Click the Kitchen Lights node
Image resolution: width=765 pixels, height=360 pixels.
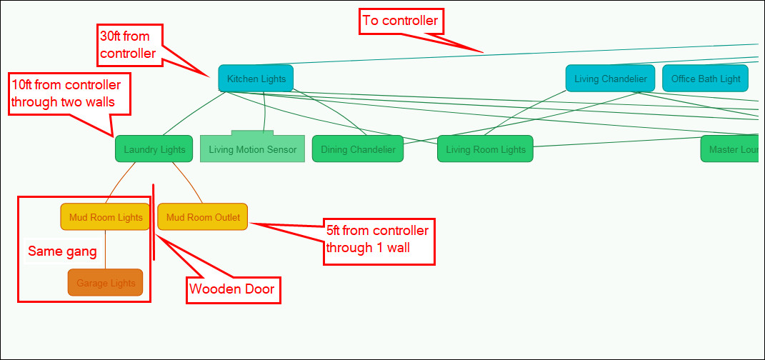pyautogui.click(x=256, y=79)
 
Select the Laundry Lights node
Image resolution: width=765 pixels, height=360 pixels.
pyautogui.click(x=154, y=149)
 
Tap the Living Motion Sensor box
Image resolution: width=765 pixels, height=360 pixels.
pyautogui.click(x=252, y=149)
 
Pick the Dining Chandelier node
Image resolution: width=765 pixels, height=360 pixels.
pyautogui.click(x=358, y=149)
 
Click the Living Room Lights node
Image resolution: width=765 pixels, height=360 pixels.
pyautogui.click(x=486, y=149)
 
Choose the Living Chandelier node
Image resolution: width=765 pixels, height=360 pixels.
pyautogui.click(x=611, y=79)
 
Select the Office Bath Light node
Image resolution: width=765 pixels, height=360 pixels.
pyautogui.click(x=706, y=79)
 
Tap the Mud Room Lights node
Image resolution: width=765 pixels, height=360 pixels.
pyautogui.click(x=106, y=217)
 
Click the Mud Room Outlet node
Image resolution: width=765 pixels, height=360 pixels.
pyautogui.click(x=203, y=217)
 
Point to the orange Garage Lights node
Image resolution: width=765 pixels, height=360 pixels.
pyautogui.click(x=106, y=283)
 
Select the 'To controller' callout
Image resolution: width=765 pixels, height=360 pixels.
pyautogui.click(x=400, y=21)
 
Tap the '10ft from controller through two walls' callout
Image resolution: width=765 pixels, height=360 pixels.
pyautogui.click(x=69, y=93)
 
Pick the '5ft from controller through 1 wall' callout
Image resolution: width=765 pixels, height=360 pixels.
pyautogui.click(x=379, y=240)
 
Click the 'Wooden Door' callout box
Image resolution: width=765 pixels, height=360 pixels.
pyautogui.click(x=233, y=290)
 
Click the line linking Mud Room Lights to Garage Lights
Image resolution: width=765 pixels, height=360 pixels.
pyautogui.click(x=106, y=249)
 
